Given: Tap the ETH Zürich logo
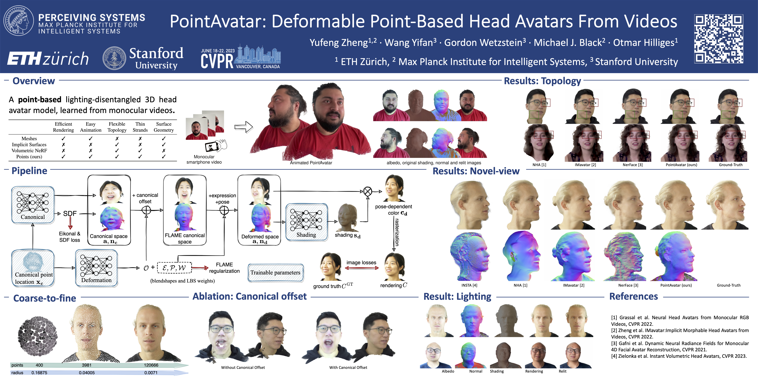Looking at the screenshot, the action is tap(48, 59).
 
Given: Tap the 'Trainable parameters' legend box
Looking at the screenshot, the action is tap(275, 273).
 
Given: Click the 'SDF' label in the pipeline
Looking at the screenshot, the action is tap(70, 214).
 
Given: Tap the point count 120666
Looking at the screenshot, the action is tap(151, 365).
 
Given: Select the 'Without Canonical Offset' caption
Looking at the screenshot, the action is tap(243, 367).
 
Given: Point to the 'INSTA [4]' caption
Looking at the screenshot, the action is tap(469, 285).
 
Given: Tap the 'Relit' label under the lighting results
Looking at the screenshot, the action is tap(563, 371).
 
